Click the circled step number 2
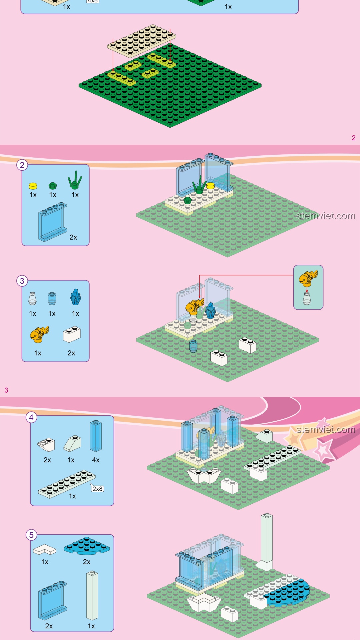22,165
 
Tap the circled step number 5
31,535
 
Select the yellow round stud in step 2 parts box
33,186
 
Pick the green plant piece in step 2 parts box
75,180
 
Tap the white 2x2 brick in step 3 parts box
72,334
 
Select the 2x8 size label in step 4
98,489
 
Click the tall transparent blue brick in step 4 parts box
96,436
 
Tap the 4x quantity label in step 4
96,460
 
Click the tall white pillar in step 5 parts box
92,595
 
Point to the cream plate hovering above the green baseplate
141,41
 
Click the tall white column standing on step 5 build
266,540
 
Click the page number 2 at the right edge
353,138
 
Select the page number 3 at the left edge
6,390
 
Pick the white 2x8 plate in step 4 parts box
67,484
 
